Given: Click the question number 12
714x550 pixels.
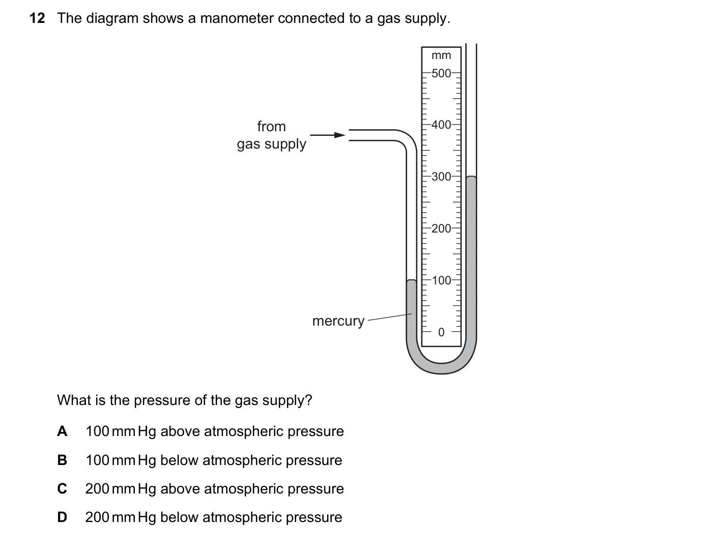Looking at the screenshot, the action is click(37, 18).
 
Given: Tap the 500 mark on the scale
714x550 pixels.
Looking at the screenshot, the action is click(441, 73).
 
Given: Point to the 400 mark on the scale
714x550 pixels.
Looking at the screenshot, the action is click(441, 125).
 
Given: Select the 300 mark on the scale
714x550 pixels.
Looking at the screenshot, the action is click(441, 177).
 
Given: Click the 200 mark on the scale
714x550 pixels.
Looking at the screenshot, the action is click(441, 228).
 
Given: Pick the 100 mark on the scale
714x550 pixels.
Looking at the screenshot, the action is click(441, 280).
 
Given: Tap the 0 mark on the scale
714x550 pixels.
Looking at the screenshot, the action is click(441, 332).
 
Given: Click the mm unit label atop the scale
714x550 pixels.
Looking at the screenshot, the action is click(441, 55).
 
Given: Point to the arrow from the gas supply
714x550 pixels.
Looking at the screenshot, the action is click(328, 135).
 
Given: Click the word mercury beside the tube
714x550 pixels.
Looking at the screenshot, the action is click(338, 321).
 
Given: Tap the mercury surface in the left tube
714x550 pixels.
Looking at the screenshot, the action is click(411, 280).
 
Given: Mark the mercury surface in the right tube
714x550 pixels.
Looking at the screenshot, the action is click(471, 177).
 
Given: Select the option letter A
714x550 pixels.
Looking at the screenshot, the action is click(62, 431).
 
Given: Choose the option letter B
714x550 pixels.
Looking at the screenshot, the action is click(62, 460).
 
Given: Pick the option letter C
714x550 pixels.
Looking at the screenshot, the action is click(62, 488).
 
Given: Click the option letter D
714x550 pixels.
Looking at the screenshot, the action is click(62, 517).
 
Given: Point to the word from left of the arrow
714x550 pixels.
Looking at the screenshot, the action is click(271, 126).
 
